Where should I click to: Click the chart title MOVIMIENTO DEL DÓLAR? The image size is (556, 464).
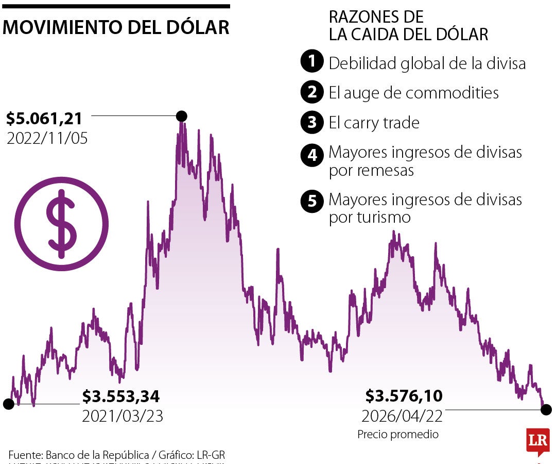point(116,27)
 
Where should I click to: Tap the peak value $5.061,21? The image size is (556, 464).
point(44,119)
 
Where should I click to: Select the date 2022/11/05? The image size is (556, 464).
point(47,138)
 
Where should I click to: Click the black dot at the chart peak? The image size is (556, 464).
point(181,117)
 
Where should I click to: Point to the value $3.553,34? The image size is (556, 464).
point(121,396)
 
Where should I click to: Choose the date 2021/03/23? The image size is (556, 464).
point(123,416)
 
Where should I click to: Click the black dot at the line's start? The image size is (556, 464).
point(8,404)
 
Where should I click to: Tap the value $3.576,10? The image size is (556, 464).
point(404,396)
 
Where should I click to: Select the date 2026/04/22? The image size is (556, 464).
point(402,416)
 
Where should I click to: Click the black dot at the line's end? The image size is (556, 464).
point(546,410)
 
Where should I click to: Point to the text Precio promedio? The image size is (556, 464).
point(398,435)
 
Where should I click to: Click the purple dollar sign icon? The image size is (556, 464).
point(62,224)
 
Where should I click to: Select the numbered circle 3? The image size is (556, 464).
point(311,123)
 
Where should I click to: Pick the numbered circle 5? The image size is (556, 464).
point(311,201)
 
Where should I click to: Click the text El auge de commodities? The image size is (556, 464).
point(414,93)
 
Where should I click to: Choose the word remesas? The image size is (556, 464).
point(386,170)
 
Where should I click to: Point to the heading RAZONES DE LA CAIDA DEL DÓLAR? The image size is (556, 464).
point(408,25)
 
